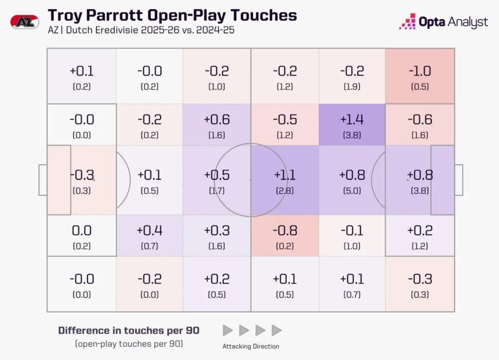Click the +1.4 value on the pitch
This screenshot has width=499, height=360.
click(352, 119)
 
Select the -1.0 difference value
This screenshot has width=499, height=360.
click(420, 71)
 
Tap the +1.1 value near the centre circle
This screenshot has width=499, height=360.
click(285, 175)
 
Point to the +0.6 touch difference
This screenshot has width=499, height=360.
click(217, 119)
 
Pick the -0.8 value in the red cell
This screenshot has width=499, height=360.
click(285, 230)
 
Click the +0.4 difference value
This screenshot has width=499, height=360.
click(150, 230)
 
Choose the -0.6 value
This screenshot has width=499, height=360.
click(420, 119)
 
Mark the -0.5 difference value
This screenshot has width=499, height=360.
click(285, 119)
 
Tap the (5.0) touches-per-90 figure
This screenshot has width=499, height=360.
click(352, 191)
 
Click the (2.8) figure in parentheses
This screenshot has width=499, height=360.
click(285, 191)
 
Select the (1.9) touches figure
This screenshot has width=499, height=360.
click(352, 87)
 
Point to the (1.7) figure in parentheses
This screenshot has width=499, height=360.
click(217, 191)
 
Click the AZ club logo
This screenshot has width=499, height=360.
click(23, 22)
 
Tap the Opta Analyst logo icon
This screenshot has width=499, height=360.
click(407, 22)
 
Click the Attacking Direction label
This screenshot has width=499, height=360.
click(251, 346)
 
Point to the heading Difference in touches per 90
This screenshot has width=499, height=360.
click(129, 330)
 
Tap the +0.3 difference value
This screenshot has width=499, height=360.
click(217, 230)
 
